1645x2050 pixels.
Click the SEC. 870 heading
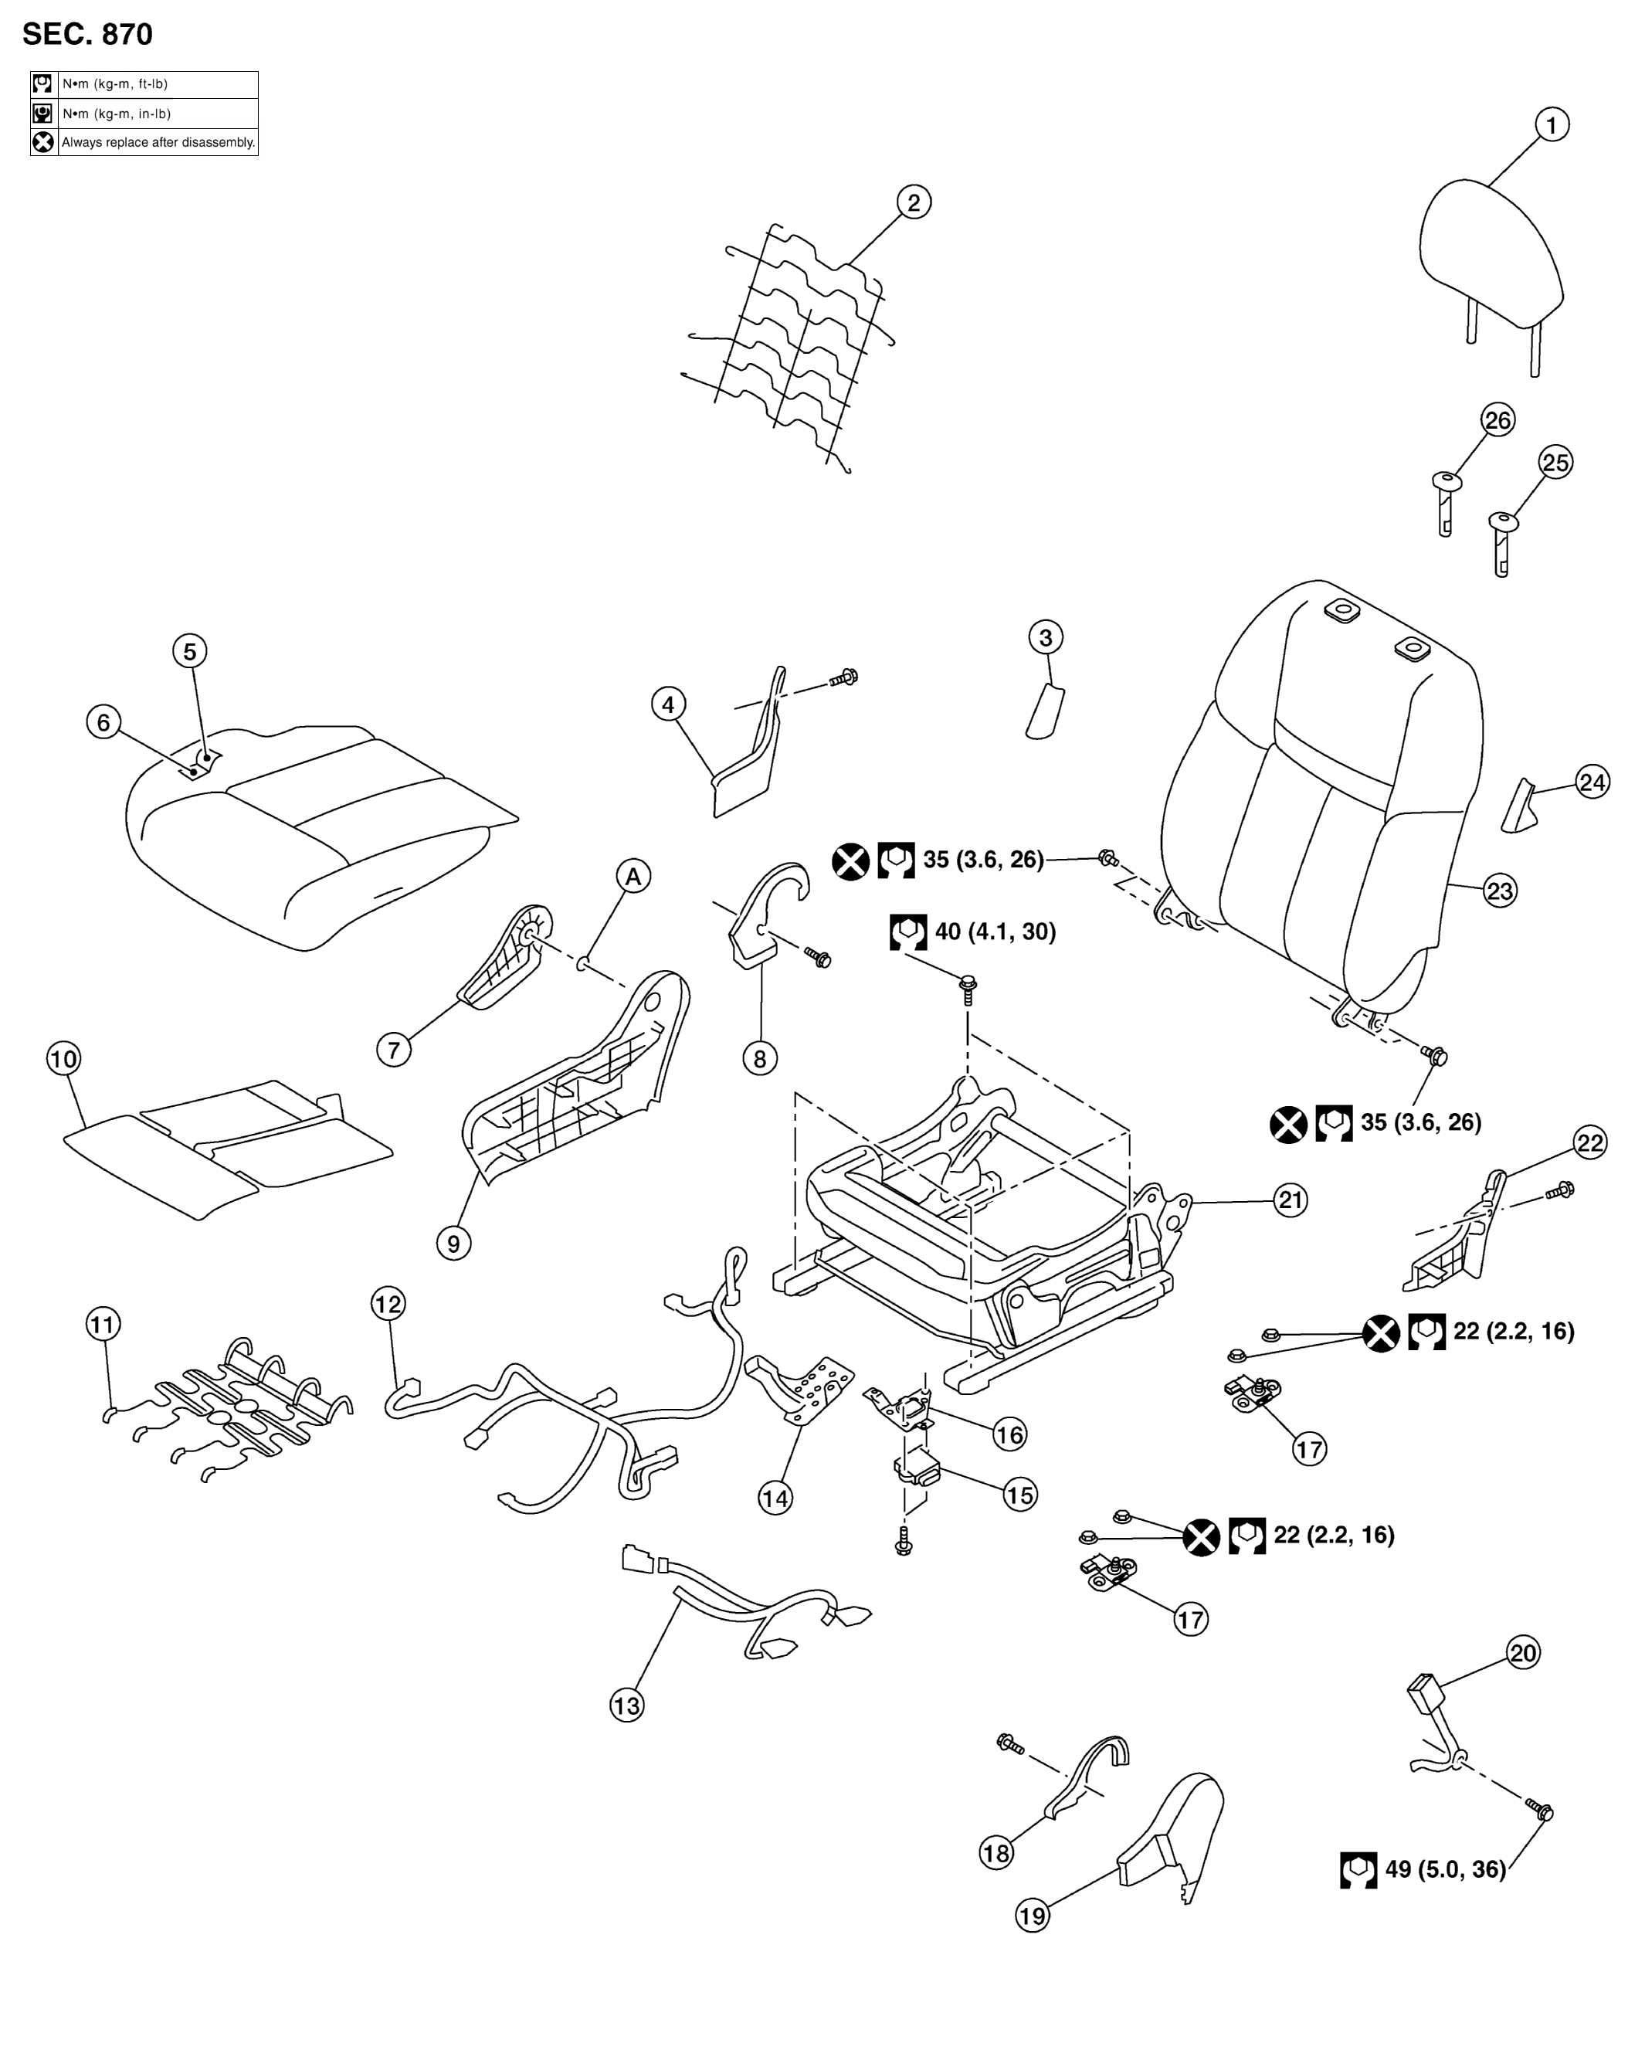pyautogui.click(x=87, y=34)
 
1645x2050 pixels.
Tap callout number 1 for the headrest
pyautogui.click(x=1552, y=124)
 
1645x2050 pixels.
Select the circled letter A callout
pyautogui.click(x=633, y=876)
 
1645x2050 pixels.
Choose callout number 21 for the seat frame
pyautogui.click(x=1290, y=1200)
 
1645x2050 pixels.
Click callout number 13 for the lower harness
pyautogui.click(x=626, y=1706)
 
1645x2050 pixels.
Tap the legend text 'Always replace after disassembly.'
pyautogui.click(x=158, y=143)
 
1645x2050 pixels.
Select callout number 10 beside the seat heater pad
pyautogui.click(x=63, y=1058)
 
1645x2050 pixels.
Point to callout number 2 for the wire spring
pyautogui.click(x=914, y=202)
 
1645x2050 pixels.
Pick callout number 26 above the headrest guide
pyautogui.click(x=1497, y=420)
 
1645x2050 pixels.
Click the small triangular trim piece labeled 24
pyautogui.click(x=1519, y=806)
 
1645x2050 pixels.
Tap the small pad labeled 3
pyautogui.click(x=1045, y=709)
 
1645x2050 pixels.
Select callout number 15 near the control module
pyautogui.click(x=1019, y=1495)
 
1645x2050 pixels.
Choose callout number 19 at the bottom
pyautogui.click(x=1033, y=1915)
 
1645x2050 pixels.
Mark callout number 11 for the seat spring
pyautogui.click(x=103, y=1324)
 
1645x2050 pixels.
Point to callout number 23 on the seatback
pyautogui.click(x=1500, y=891)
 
